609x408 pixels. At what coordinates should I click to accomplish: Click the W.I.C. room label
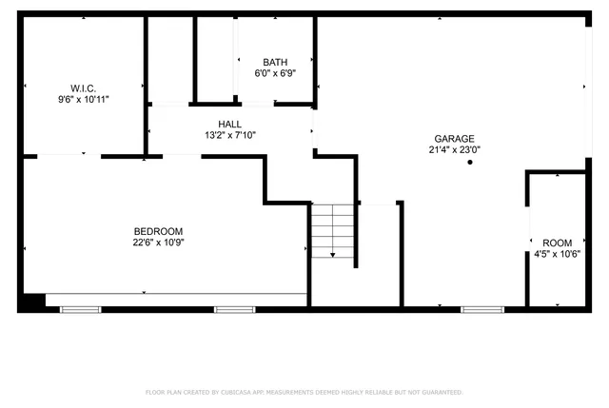coord(83,88)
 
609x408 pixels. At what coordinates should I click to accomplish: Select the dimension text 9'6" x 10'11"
coord(83,98)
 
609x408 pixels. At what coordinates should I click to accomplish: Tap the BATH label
coord(275,63)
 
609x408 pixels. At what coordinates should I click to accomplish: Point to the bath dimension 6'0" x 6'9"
coord(275,73)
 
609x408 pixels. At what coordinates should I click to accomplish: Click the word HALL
coord(229,125)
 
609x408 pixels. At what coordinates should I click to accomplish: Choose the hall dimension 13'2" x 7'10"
coord(229,135)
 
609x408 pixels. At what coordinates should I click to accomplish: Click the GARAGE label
coord(455,138)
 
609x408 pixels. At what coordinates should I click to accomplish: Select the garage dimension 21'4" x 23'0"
coord(455,148)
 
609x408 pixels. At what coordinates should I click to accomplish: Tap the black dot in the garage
coord(470,163)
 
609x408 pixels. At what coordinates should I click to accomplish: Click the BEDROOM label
coord(158,231)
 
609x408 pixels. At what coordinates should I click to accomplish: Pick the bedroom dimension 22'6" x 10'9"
coord(158,242)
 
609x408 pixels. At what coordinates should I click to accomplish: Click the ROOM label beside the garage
coord(558,243)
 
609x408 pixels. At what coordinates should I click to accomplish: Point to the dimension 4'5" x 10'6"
coord(558,254)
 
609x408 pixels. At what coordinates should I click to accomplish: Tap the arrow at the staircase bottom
coord(332,254)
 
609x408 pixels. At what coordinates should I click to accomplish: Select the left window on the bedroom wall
coord(80,308)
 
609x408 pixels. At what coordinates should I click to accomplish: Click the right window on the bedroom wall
coord(234,308)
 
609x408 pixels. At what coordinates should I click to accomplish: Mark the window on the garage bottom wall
coord(482,308)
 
